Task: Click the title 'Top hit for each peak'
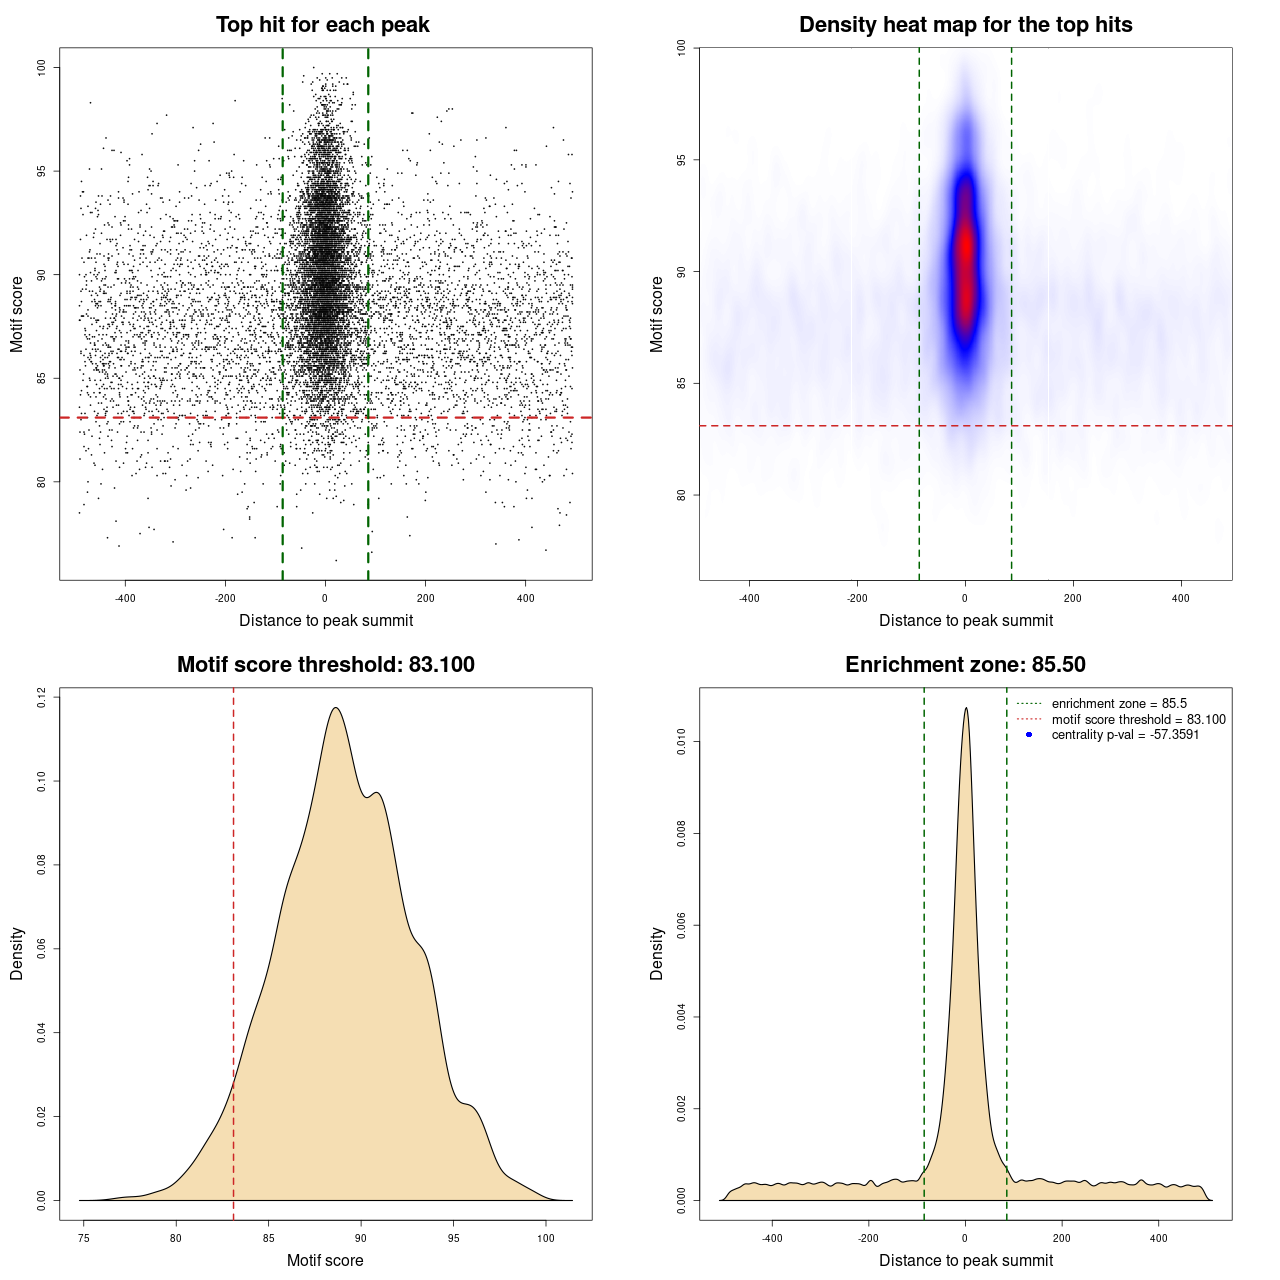[322, 25]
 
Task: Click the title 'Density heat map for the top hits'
[965, 25]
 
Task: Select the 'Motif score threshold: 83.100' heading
[325, 665]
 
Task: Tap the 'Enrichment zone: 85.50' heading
[965, 665]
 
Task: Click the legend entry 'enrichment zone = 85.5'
[1118, 704]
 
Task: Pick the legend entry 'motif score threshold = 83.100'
[1138, 719]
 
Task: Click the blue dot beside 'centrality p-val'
[1029, 735]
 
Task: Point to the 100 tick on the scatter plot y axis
[42, 67]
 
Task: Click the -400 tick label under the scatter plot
[125, 598]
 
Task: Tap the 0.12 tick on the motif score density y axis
[42, 697]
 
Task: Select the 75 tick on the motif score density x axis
[84, 1238]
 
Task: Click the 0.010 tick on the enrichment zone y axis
[682, 741]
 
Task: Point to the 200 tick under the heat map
[1073, 598]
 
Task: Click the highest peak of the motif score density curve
[336, 708]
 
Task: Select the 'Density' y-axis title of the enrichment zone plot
[657, 953]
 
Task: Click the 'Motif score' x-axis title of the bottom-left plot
[325, 1260]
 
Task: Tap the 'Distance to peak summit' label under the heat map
[965, 620]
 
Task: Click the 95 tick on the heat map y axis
[682, 160]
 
